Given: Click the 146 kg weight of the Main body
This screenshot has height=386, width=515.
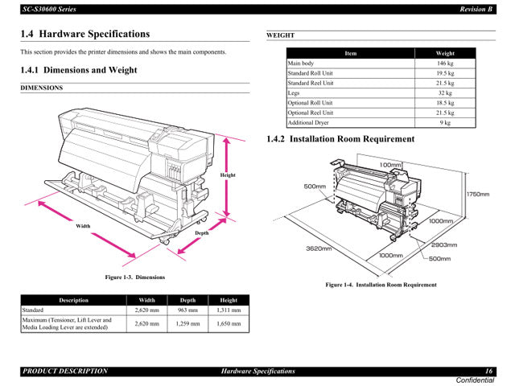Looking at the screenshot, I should (x=445, y=64).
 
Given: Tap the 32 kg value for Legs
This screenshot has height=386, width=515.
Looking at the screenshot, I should (x=445, y=93).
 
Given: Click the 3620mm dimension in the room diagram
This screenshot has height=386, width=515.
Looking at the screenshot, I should (x=319, y=248).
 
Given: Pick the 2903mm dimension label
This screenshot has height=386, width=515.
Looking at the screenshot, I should (x=443, y=244).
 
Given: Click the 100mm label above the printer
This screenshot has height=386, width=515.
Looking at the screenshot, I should (x=390, y=165).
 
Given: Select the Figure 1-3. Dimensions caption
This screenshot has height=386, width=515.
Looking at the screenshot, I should (x=135, y=277).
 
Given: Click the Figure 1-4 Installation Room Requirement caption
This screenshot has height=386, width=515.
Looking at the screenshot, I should (x=381, y=285).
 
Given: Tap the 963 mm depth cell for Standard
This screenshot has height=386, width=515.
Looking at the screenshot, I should (x=187, y=310).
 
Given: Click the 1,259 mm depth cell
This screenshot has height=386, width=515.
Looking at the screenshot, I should (x=187, y=323).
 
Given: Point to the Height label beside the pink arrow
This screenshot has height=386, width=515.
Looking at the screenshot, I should (x=228, y=175).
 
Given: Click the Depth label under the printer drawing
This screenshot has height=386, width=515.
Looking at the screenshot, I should (x=201, y=232).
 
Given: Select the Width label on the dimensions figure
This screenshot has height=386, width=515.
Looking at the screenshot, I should (x=83, y=226).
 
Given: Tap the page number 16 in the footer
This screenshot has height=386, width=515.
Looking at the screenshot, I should (x=488, y=371).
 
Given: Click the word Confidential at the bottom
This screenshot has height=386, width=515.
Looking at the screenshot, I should (x=475, y=380).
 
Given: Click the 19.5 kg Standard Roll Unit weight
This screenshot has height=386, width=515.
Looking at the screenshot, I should (x=445, y=73).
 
